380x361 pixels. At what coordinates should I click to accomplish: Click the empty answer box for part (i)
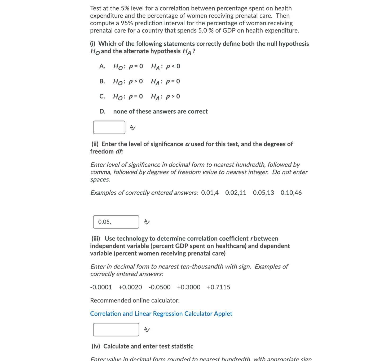(109, 127)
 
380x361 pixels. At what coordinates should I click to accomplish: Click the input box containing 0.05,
(116, 222)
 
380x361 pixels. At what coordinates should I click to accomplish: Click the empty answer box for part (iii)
(116, 329)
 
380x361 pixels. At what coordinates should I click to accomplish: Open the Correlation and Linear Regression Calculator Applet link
(161, 314)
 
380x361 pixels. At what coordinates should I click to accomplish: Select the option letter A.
(102, 66)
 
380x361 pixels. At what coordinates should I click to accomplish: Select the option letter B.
(102, 81)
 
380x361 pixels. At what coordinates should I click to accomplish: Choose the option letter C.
(102, 96)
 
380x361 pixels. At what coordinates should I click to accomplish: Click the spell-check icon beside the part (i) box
(133, 128)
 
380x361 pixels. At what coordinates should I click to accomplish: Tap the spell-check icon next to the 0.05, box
(147, 222)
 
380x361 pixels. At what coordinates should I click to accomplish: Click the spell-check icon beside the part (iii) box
(147, 330)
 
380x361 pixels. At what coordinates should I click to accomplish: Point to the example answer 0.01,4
(210, 193)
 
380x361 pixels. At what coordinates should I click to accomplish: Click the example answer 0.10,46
(291, 193)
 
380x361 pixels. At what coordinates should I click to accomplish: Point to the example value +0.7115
(218, 287)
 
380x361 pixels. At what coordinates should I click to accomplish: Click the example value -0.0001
(101, 287)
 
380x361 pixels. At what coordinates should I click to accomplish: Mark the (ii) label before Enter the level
(95, 144)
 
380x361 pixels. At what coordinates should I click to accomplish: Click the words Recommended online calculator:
(135, 300)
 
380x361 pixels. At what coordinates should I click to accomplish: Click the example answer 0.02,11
(236, 193)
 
